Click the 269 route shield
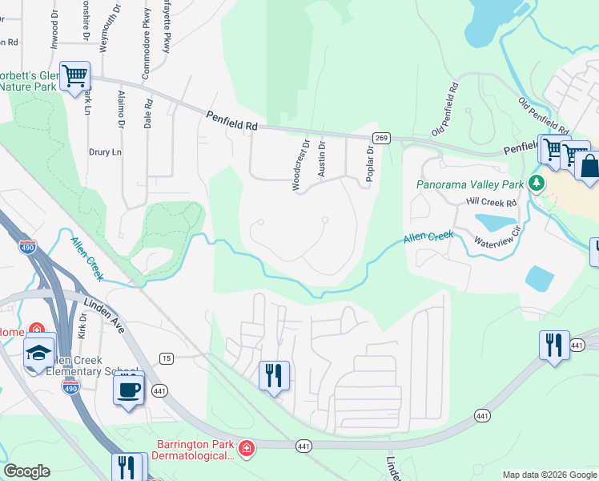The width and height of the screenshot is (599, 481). (381, 138)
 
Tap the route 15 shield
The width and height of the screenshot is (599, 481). (166, 357)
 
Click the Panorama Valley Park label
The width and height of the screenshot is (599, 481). (469, 184)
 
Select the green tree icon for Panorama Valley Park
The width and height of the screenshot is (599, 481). (536, 184)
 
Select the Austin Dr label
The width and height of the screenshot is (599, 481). (321, 160)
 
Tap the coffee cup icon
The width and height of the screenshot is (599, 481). (129, 390)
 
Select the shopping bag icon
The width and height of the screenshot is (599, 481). (589, 167)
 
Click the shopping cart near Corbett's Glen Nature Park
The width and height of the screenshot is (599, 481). (75, 76)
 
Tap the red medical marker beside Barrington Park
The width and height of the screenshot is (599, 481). (247, 447)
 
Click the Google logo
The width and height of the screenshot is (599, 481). (26, 471)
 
